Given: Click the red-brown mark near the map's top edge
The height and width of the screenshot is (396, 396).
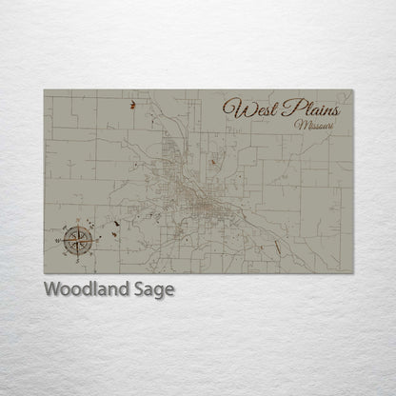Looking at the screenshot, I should (132, 107).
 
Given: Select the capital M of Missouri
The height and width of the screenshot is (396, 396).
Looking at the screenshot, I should (300, 125).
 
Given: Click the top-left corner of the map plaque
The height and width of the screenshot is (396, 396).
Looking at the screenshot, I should (44, 90).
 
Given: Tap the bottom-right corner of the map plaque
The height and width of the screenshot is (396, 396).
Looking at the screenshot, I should (352, 273).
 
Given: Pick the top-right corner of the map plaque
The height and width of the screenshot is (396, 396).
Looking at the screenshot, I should (352, 90).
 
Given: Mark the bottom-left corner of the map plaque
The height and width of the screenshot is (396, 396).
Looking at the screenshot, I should (44, 273).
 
